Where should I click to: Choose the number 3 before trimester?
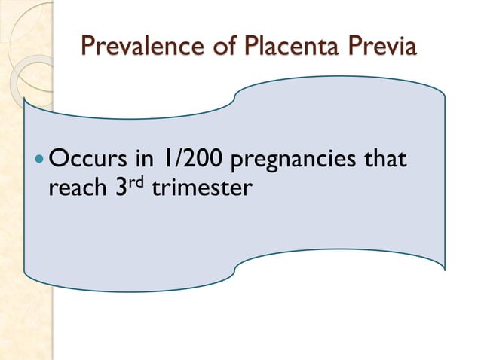pyautogui.click(x=120, y=188)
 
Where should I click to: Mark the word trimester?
pyautogui.click(x=200, y=188)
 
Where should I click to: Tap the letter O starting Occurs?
pyautogui.click(x=57, y=160)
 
